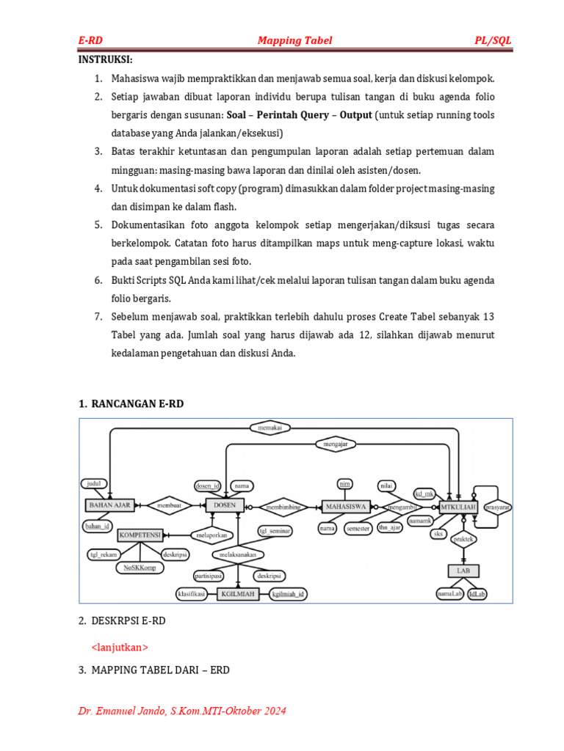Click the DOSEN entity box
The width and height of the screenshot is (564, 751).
click(225, 505)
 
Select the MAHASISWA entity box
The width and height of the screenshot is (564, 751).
click(344, 506)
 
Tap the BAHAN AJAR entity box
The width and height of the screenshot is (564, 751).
click(109, 505)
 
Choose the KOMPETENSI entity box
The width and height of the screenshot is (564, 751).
click(140, 535)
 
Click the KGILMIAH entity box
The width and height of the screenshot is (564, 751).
click(237, 594)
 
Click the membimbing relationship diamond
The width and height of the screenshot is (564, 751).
click(284, 506)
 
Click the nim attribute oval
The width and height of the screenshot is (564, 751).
click(344, 483)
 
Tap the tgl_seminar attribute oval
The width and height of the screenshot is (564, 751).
click(275, 530)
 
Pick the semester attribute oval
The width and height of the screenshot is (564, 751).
click(358, 528)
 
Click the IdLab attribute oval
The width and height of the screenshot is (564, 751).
click(477, 594)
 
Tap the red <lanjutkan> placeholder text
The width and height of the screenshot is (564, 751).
click(120, 647)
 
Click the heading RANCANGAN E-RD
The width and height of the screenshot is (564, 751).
click(137, 403)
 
